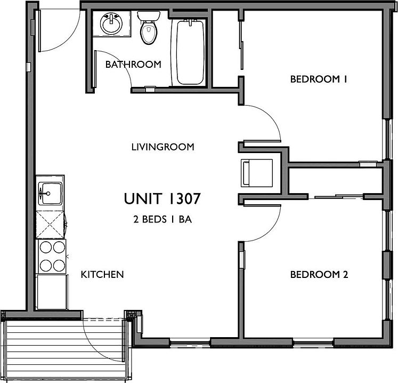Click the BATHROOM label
point(133,65)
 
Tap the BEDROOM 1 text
point(319,79)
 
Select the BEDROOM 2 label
point(319,275)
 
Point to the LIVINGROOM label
point(163,147)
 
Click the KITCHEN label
point(102,275)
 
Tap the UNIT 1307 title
point(162,199)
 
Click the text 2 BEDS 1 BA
point(162,219)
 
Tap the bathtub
point(190,52)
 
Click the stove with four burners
point(52,257)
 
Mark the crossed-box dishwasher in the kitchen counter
point(50,225)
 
